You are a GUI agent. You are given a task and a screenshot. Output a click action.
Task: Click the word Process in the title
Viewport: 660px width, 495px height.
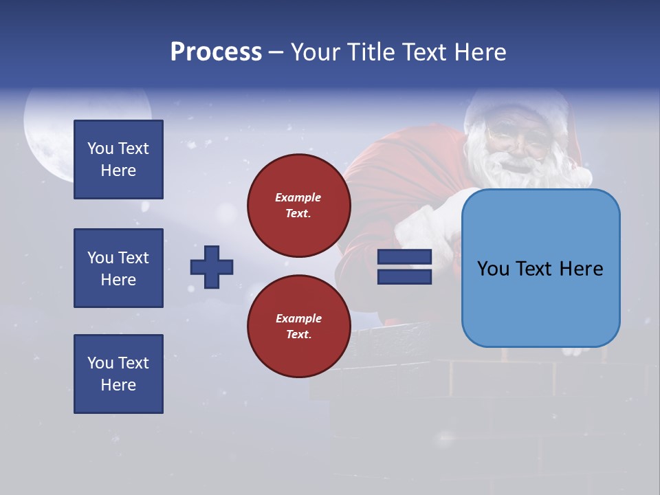point(216,52)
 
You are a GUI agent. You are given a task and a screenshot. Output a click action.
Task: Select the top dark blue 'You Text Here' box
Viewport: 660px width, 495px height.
point(118,159)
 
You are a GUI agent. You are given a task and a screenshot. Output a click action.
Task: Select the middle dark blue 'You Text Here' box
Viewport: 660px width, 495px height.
point(118,268)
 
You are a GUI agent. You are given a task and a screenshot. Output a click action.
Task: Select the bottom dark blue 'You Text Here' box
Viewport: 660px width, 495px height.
point(118,373)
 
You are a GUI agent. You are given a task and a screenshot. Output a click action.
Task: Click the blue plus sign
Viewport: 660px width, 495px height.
point(212,267)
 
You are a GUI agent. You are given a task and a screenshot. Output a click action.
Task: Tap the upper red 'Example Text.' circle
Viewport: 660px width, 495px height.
point(298,206)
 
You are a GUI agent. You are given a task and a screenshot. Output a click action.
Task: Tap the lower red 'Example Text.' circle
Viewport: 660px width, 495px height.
point(298,326)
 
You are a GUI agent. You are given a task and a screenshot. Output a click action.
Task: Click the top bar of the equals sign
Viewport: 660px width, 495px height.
point(404,257)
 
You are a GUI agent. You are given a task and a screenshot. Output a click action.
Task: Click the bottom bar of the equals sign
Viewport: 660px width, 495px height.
point(404,276)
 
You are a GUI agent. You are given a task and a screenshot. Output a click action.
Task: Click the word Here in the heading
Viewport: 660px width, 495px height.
point(479,52)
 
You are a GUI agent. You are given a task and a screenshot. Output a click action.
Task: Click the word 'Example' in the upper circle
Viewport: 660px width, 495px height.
point(298,197)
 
